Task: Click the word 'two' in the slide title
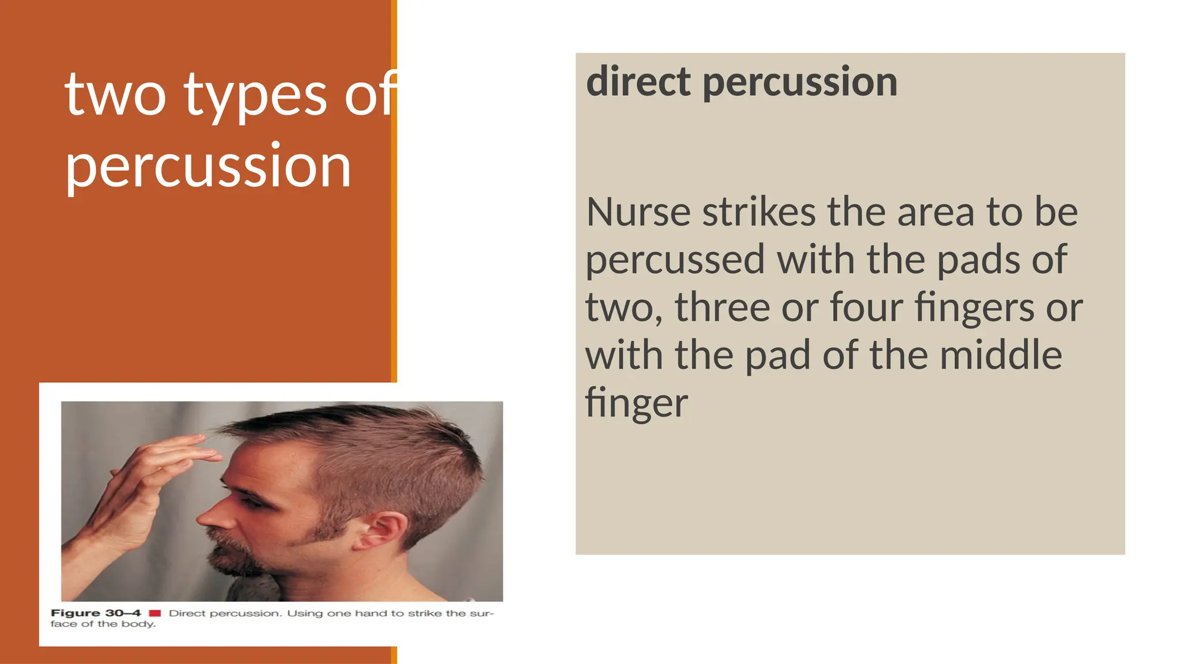click(115, 95)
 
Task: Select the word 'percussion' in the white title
click(208, 167)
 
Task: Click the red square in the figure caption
click(155, 613)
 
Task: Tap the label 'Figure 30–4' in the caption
click(96, 613)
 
